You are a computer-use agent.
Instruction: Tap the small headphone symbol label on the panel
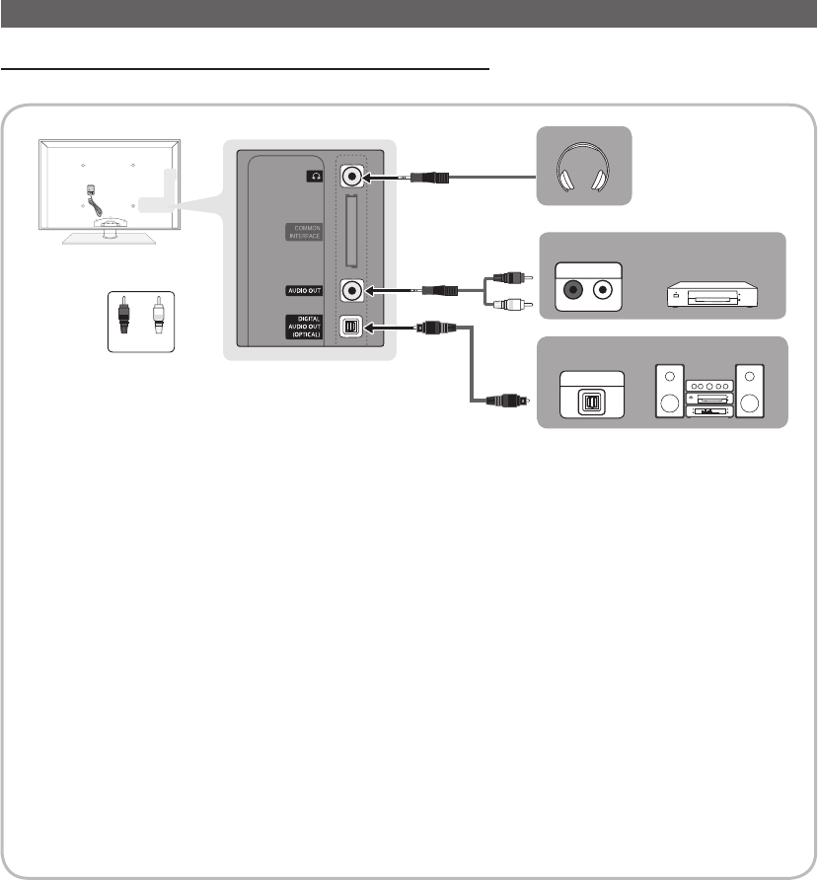point(316,177)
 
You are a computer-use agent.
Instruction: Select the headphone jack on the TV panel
point(352,178)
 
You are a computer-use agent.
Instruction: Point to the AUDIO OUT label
point(304,291)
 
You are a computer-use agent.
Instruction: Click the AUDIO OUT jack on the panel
point(352,291)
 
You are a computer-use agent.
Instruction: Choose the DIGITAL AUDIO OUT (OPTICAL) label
point(304,327)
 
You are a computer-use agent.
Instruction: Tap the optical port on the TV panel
point(352,327)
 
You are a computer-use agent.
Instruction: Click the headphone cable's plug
point(430,179)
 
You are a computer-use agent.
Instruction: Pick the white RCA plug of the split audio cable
point(512,305)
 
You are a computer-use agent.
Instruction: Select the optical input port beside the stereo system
point(590,403)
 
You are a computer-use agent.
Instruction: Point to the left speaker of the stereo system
point(671,393)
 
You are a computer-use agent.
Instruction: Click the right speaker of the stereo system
point(752,393)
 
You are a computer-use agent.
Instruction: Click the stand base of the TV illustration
point(108,233)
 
